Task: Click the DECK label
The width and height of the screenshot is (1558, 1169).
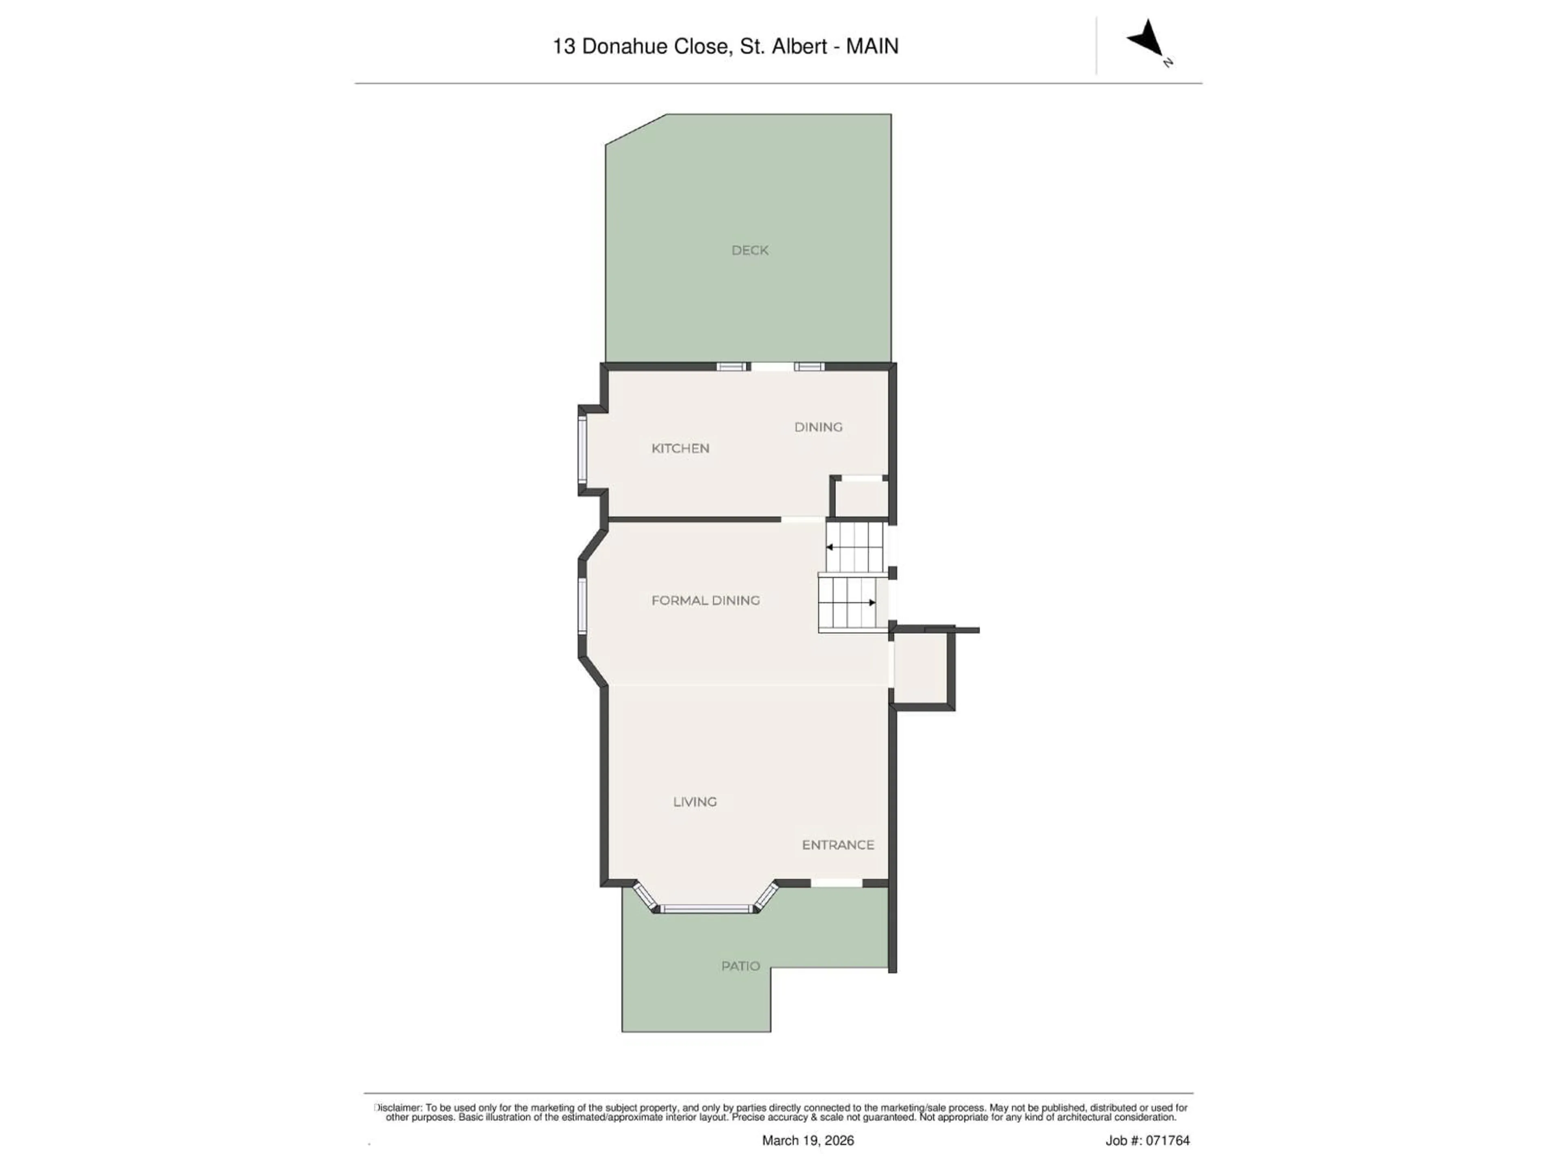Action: (749, 250)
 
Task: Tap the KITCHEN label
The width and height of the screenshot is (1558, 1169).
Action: (680, 448)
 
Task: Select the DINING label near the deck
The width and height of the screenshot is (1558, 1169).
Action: (818, 427)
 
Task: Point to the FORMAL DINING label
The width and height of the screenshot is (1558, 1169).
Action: (705, 600)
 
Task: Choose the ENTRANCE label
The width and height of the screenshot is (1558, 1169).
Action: (837, 844)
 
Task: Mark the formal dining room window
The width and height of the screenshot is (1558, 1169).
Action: (583, 606)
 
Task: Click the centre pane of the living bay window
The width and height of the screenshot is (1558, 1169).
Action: (706, 909)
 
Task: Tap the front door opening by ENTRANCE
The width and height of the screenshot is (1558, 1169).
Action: (837, 883)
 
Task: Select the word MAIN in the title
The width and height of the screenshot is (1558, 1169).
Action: (872, 47)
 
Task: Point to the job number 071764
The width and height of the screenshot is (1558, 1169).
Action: (1167, 1140)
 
